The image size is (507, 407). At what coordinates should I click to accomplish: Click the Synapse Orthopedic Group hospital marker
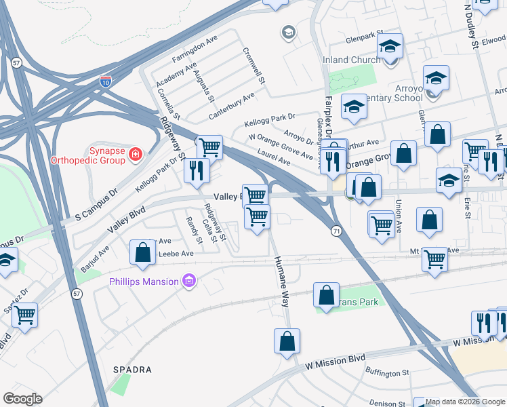coord(136,154)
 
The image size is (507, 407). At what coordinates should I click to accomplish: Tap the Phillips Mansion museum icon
coord(189,281)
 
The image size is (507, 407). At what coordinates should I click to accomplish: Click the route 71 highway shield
coord(336,231)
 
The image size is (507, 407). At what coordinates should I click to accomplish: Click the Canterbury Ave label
coord(231,104)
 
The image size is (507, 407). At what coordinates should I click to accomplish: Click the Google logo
coord(22,399)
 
